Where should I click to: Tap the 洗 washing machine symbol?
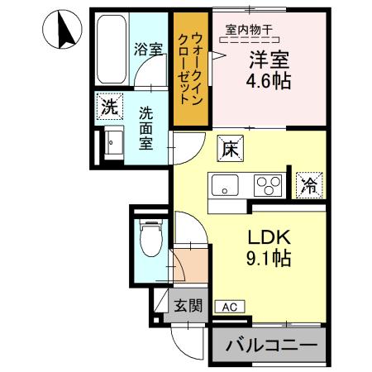point(109,107)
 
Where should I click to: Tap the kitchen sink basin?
point(225,184)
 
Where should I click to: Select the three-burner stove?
point(268,183)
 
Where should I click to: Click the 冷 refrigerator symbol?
point(308,184)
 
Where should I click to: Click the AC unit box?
point(229,307)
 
